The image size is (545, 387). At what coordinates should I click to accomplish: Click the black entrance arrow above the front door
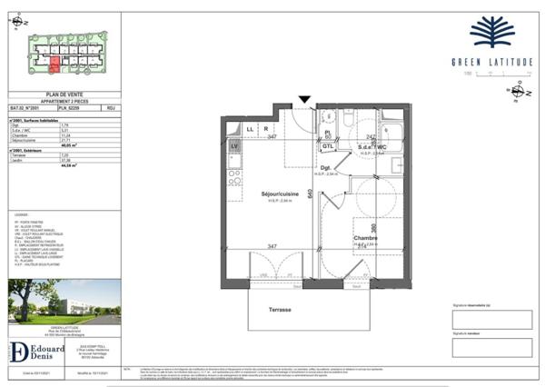click(x=304, y=100)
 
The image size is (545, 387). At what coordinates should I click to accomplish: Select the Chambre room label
click(x=366, y=238)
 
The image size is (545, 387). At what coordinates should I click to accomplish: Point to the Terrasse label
click(x=280, y=310)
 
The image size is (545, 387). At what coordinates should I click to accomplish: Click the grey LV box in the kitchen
click(x=234, y=147)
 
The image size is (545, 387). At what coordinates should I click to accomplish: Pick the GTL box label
click(x=329, y=145)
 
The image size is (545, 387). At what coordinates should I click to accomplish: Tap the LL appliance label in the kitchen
click(x=249, y=129)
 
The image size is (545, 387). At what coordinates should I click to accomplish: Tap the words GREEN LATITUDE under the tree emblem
click(x=491, y=62)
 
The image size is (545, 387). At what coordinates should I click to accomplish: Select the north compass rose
click(x=519, y=92)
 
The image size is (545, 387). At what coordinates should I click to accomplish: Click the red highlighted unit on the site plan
click(x=55, y=64)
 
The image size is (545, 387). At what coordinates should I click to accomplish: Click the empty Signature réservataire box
click(x=491, y=319)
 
